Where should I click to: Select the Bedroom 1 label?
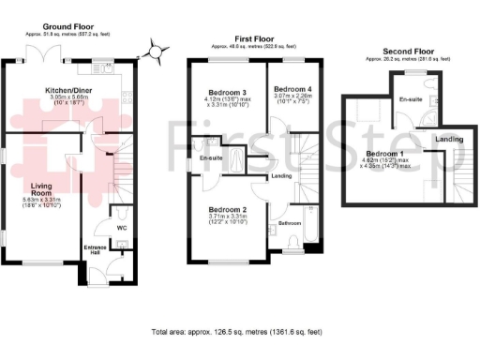384,152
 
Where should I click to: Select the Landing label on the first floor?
280,175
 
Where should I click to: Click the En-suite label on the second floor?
409,98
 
